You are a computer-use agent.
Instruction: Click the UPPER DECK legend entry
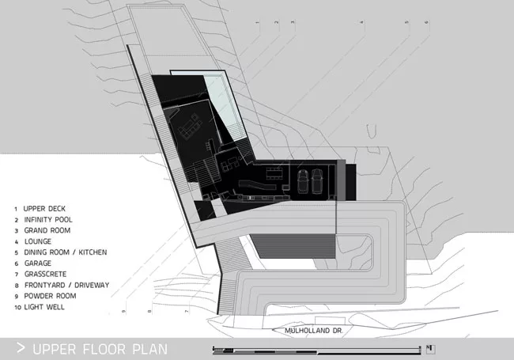pyautogui.click(x=44, y=209)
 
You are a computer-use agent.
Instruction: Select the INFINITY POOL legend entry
pyautogui.click(x=48, y=220)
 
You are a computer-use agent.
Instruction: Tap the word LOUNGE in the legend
pyautogui.click(x=38, y=241)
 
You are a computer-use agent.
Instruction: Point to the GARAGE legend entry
pyautogui.click(x=38, y=263)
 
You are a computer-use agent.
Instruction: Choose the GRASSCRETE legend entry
pyautogui.click(x=45, y=274)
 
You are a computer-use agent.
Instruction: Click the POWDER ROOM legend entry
pyautogui.click(x=50, y=296)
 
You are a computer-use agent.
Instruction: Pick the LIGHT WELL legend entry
pyautogui.click(x=44, y=307)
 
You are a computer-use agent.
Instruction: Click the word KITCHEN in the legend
pyautogui.click(x=93, y=252)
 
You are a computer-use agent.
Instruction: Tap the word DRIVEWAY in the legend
pyautogui.click(x=92, y=286)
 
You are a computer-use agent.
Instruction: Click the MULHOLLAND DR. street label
pyautogui.click(x=313, y=331)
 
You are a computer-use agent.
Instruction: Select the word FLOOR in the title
pyautogui.click(x=104, y=349)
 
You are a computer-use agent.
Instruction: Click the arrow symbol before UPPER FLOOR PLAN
pyautogui.click(x=21, y=348)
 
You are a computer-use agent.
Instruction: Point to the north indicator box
pyautogui.click(x=431, y=350)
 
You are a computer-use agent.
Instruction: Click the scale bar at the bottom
pyautogui.click(x=316, y=351)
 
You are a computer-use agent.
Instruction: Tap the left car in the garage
pyautogui.click(x=303, y=181)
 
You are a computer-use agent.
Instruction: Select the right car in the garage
pyautogui.click(x=317, y=181)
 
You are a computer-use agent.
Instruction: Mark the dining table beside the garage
pyautogui.click(x=274, y=173)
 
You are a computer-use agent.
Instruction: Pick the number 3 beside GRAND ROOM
pyautogui.click(x=17, y=231)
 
